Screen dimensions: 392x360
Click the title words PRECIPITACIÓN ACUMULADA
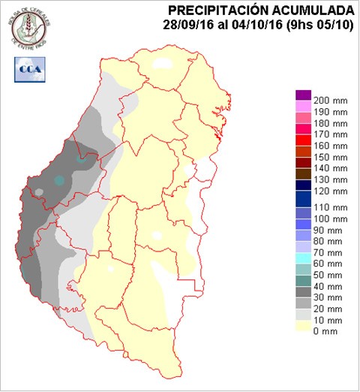tap(261, 10)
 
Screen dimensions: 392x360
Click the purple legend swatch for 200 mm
tap(303, 95)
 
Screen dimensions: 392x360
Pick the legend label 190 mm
tap(330, 112)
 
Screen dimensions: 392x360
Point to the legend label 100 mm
tap(330, 219)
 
